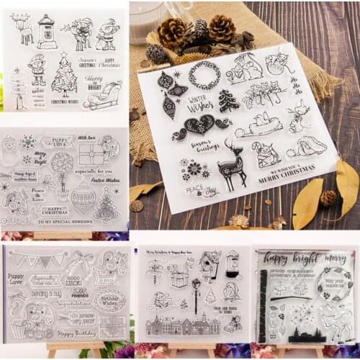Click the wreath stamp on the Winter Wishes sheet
[204, 74]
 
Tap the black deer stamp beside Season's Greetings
[232, 165]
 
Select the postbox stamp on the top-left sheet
[47, 32]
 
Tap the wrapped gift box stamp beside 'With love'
[91, 151]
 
